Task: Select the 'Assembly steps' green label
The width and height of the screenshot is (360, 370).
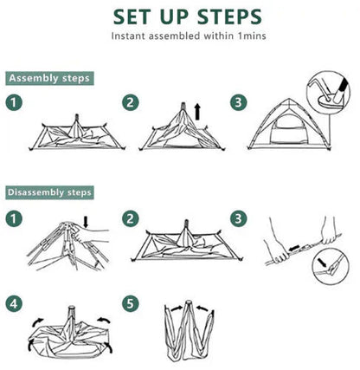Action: coord(49,79)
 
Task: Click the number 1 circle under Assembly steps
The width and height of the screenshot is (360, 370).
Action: coord(14,103)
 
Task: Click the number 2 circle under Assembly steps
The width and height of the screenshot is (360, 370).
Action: coord(131,103)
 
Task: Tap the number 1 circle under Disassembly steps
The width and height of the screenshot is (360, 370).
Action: coord(14,217)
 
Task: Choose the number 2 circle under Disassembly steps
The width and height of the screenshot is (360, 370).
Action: coord(131,217)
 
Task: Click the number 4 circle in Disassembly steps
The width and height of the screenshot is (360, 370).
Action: coord(14,303)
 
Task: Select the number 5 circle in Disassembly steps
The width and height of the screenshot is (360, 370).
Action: coord(131,303)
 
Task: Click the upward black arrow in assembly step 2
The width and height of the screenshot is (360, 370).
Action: coord(198,112)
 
